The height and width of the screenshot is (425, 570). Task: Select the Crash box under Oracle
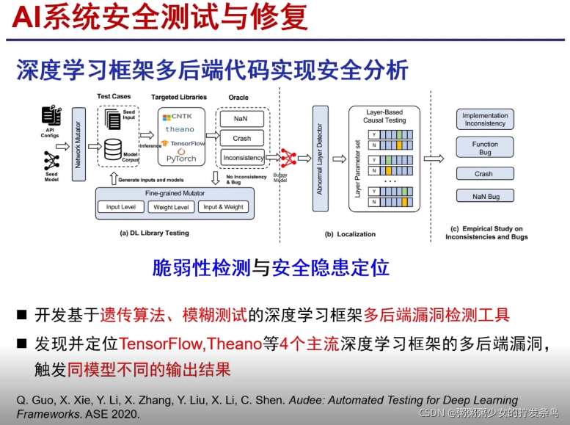[x=241, y=138]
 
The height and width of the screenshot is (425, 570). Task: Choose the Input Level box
[x=121, y=207]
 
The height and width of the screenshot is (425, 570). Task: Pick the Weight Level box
[x=171, y=207]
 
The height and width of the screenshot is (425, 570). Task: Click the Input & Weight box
[x=223, y=207]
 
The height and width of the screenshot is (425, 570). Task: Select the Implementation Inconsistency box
[x=485, y=120]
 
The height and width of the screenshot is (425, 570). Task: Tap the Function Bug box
[x=485, y=148]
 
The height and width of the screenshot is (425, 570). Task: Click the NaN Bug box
[x=485, y=197]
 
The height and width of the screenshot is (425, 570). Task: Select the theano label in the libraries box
[x=180, y=129]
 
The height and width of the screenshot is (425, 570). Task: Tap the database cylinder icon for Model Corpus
[x=112, y=150]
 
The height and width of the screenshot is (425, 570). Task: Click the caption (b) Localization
[x=350, y=234]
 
